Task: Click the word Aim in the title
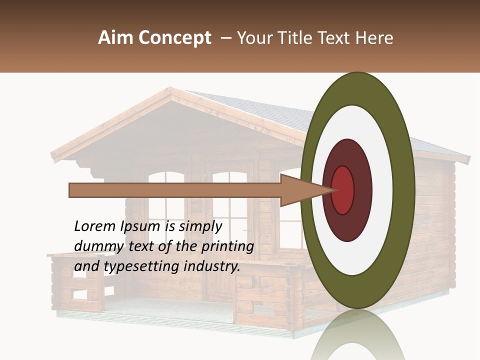tap(111, 38)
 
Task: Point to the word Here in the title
tap(374, 38)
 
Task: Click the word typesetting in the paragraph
tap(142, 266)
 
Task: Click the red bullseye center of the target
tap(343, 190)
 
